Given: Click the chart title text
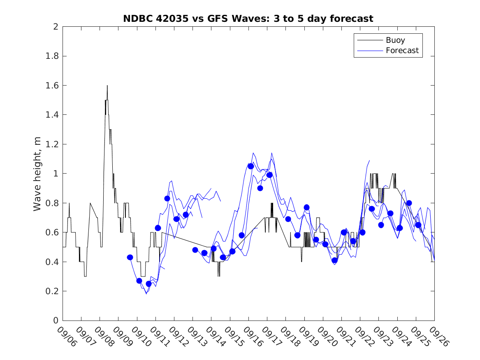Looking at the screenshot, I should [248, 19].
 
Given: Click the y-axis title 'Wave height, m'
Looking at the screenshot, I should [37, 174].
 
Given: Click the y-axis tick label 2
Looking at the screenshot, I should [55, 27].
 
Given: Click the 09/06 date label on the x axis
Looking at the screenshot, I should [66, 337].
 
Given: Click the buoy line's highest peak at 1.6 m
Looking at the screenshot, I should [107, 86].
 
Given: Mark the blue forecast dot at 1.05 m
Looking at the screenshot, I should [250, 166].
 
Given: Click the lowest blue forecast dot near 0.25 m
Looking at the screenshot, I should [148, 284].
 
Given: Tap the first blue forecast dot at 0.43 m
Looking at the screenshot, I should [130, 257].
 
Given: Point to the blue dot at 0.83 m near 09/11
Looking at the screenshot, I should [167, 198].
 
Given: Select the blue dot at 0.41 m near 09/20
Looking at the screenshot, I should [334, 260].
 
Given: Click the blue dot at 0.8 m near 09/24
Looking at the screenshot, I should [409, 203].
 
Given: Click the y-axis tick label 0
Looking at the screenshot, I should [55, 321].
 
